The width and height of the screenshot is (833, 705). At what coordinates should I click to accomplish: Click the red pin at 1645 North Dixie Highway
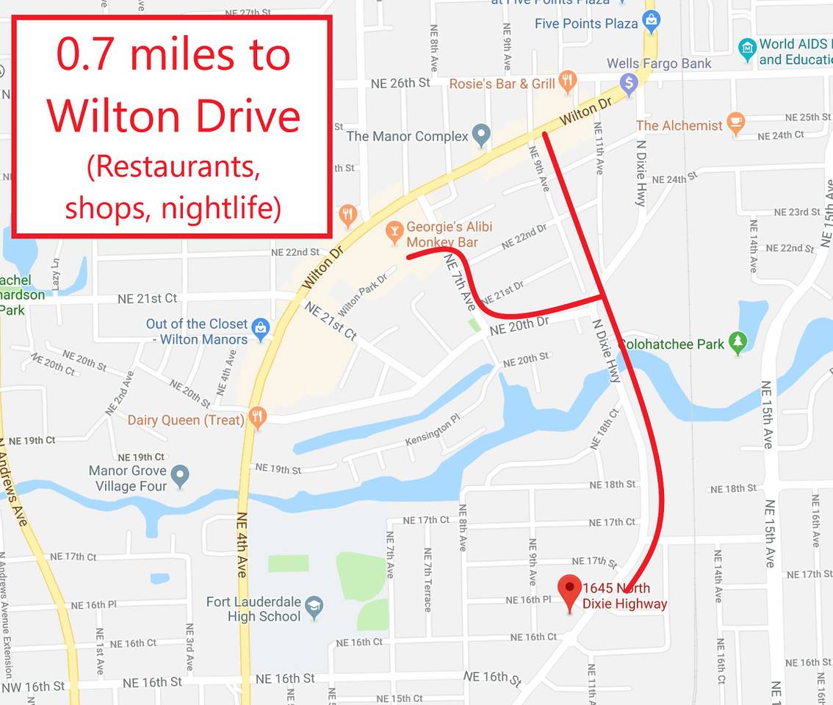coord(569,591)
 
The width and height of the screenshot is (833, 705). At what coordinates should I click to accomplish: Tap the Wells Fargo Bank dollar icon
coord(628,84)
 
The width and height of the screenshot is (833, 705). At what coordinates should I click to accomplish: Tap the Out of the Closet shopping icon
coord(260,328)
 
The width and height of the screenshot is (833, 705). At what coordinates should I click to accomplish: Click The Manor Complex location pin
coord(481,134)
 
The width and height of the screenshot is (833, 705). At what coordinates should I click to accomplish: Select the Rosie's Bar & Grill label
coord(502,84)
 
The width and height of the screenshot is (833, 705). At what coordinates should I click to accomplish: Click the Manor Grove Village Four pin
coord(180,475)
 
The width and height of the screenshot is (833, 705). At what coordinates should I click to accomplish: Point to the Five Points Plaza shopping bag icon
coord(651,21)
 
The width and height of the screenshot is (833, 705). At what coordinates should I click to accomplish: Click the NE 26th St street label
coord(400,83)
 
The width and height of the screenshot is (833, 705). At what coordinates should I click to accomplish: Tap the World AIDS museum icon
coord(747,49)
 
